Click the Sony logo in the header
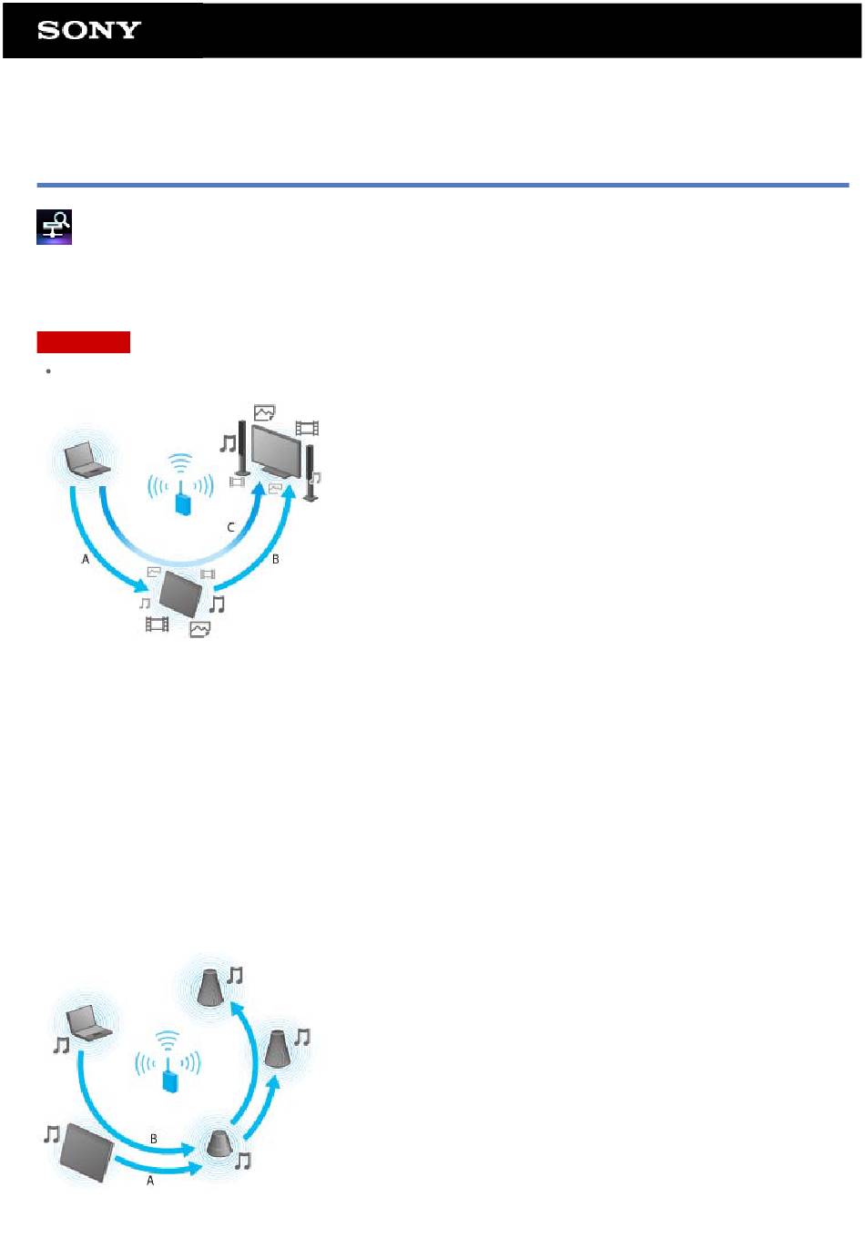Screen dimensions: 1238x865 [x=88, y=30]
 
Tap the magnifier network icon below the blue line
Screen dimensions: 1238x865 [x=54, y=228]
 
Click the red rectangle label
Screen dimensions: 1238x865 [x=84, y=342]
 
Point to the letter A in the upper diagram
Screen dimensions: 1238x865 [x=86, y=559]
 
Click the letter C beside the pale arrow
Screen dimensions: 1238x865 [x=231, y=527]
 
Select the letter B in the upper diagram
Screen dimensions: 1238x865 [x=275, y=559]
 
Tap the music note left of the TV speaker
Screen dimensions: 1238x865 [x=228, y=443]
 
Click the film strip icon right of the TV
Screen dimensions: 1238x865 [x=307, y=428]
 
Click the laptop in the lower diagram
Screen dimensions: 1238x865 [x=89, y=1022]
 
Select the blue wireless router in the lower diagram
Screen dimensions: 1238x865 [x=168, y=1079]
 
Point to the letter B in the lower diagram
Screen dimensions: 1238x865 [x=153, y=1138]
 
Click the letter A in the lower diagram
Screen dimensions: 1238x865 [x=150, y=1180]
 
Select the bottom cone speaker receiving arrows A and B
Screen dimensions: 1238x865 [x=218, y=1144]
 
